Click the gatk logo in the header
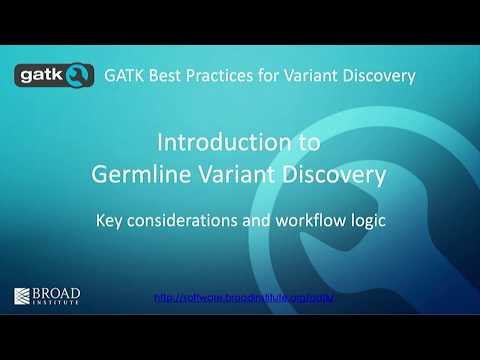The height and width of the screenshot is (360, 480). (53, 76)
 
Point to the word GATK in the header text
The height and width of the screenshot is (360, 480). (127, 75)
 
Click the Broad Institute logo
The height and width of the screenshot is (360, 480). (47, 296)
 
